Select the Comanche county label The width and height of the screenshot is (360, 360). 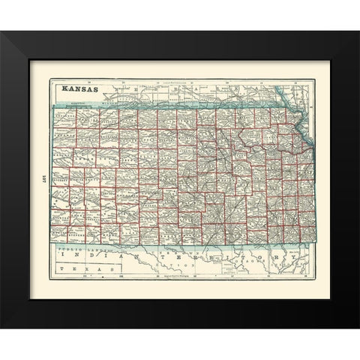[151, 232]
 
